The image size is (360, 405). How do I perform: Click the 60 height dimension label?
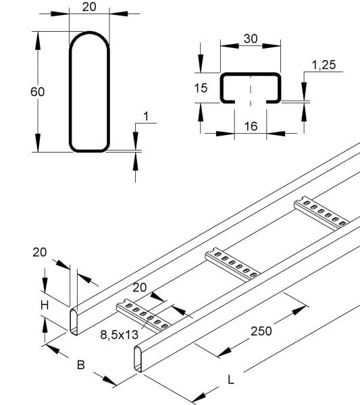coord(37,92)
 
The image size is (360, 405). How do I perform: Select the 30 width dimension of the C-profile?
coord(251,38)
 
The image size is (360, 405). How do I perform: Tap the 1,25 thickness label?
coord(324,65)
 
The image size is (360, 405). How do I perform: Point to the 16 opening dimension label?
coord(251,126)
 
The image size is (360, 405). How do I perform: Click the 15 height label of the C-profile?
coord(201,88)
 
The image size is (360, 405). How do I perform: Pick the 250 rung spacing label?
coord(261,331)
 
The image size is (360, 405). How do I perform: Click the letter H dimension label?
coord(45,306)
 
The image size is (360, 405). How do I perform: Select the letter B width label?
coord(81,365)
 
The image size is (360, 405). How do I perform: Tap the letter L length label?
coord(231,380)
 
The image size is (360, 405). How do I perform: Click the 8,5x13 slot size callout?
coord(119,335)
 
